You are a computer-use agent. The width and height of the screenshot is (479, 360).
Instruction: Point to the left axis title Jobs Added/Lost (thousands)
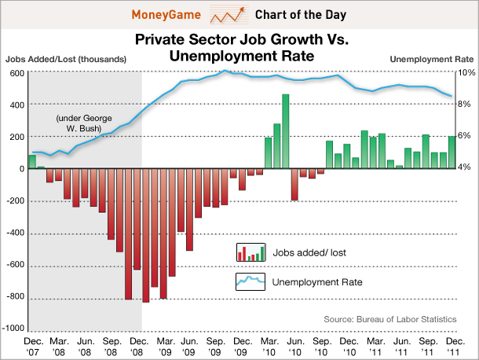point(66,60)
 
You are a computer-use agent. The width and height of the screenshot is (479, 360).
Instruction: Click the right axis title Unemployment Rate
point(431,60)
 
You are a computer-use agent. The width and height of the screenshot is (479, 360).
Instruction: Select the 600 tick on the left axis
point(16,72)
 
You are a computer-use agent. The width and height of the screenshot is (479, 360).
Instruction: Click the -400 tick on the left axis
point(14,233)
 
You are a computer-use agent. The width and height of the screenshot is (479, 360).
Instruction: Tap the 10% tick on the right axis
point(465,72)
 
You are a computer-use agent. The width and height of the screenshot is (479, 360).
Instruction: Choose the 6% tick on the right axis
point(465,136)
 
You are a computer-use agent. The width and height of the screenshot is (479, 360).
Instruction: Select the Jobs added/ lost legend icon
point(250,252)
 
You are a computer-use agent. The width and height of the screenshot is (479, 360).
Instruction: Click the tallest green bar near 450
point(286,131)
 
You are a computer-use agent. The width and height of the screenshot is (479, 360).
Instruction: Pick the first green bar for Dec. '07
point(32,161)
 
